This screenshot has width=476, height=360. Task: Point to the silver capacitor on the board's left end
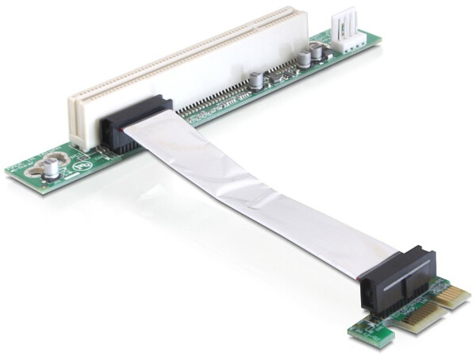pyautogui.click(x=52, y=168)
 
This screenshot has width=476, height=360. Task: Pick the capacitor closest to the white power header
pyautogui.click(x=317, y=52)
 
